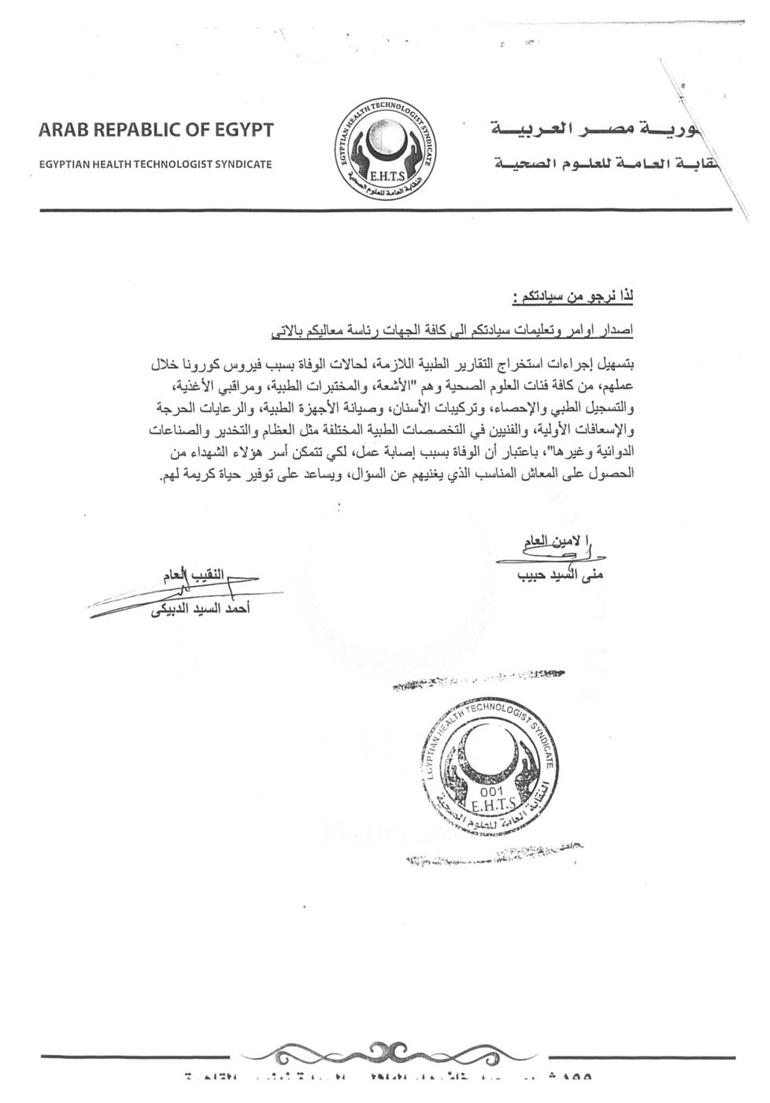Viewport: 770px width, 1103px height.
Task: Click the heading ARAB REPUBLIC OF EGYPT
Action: tap(155, 130)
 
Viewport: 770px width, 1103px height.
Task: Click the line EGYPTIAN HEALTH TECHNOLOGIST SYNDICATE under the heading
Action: tap(155, 165)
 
